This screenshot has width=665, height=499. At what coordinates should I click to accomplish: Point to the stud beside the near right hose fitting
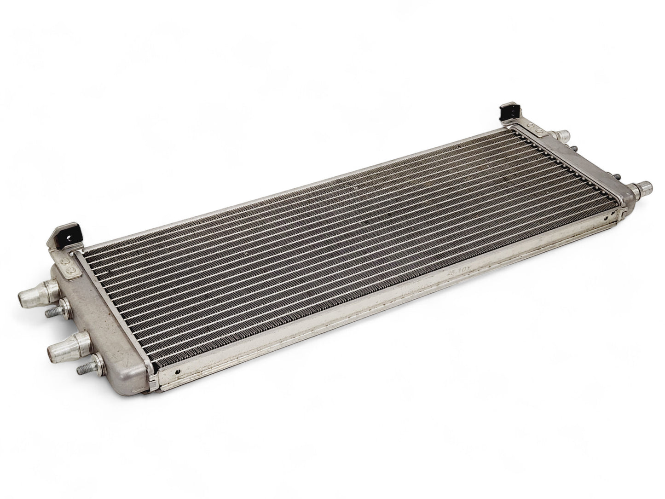click(617, 178)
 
